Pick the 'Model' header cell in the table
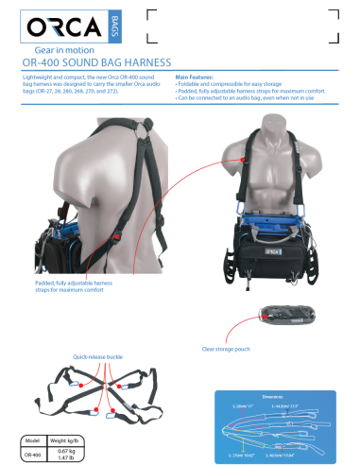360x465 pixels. (x=31, y=441)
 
